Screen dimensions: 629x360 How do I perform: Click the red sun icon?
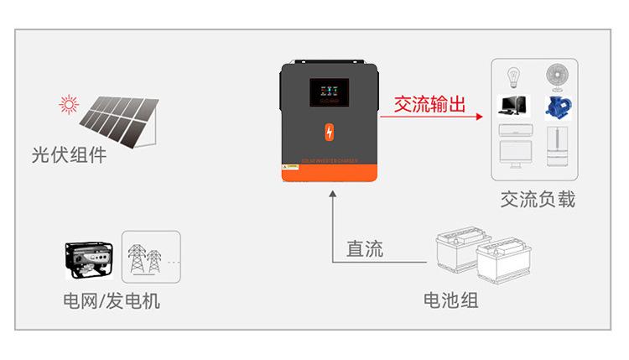(x=68, y=105)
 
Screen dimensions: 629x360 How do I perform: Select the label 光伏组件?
(x=69, y=154)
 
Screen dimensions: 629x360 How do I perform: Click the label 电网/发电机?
(x=112, y=300)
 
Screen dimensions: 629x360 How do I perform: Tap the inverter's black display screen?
(x=329, y=94)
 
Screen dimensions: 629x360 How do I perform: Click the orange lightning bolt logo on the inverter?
(x=329, y=133)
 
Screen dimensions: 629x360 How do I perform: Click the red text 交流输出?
(x=429, y=104)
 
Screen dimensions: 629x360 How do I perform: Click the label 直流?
(x=364, y=248)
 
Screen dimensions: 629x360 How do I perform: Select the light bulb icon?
(x=512, y=78)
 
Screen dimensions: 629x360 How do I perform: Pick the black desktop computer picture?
(x=512, y=106)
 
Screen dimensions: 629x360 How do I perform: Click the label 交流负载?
(x=538, y=200)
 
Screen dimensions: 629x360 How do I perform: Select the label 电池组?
(x=451, y=300)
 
